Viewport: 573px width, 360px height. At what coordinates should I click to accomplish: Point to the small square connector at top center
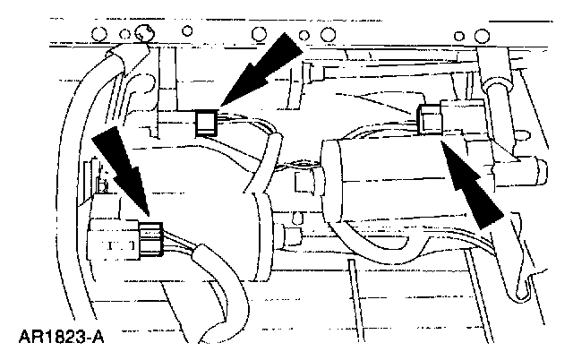pos(207,119)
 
